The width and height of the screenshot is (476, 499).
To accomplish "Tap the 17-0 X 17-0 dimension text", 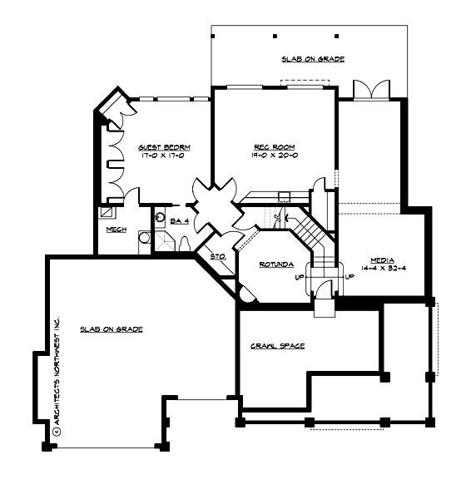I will point(160,155).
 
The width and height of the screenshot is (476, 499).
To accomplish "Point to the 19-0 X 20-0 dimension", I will point(268,155).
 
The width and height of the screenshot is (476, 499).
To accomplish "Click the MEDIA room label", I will point(383,259).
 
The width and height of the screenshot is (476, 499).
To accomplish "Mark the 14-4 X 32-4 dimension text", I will point(383,269).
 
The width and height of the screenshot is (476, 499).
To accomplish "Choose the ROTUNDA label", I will point(275,264).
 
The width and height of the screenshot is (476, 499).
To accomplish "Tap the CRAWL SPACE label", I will point(276,345).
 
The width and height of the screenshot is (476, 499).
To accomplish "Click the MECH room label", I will point(116,229).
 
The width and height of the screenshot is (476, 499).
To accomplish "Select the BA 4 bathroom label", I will point(180,221).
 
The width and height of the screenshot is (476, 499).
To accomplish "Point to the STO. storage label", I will point(219,257).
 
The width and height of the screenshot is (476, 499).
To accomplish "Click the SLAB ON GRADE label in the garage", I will point(111,329).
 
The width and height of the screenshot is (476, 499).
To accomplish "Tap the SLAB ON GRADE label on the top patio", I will point(312,59).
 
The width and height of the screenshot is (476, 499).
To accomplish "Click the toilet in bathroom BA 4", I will point(185,242).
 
